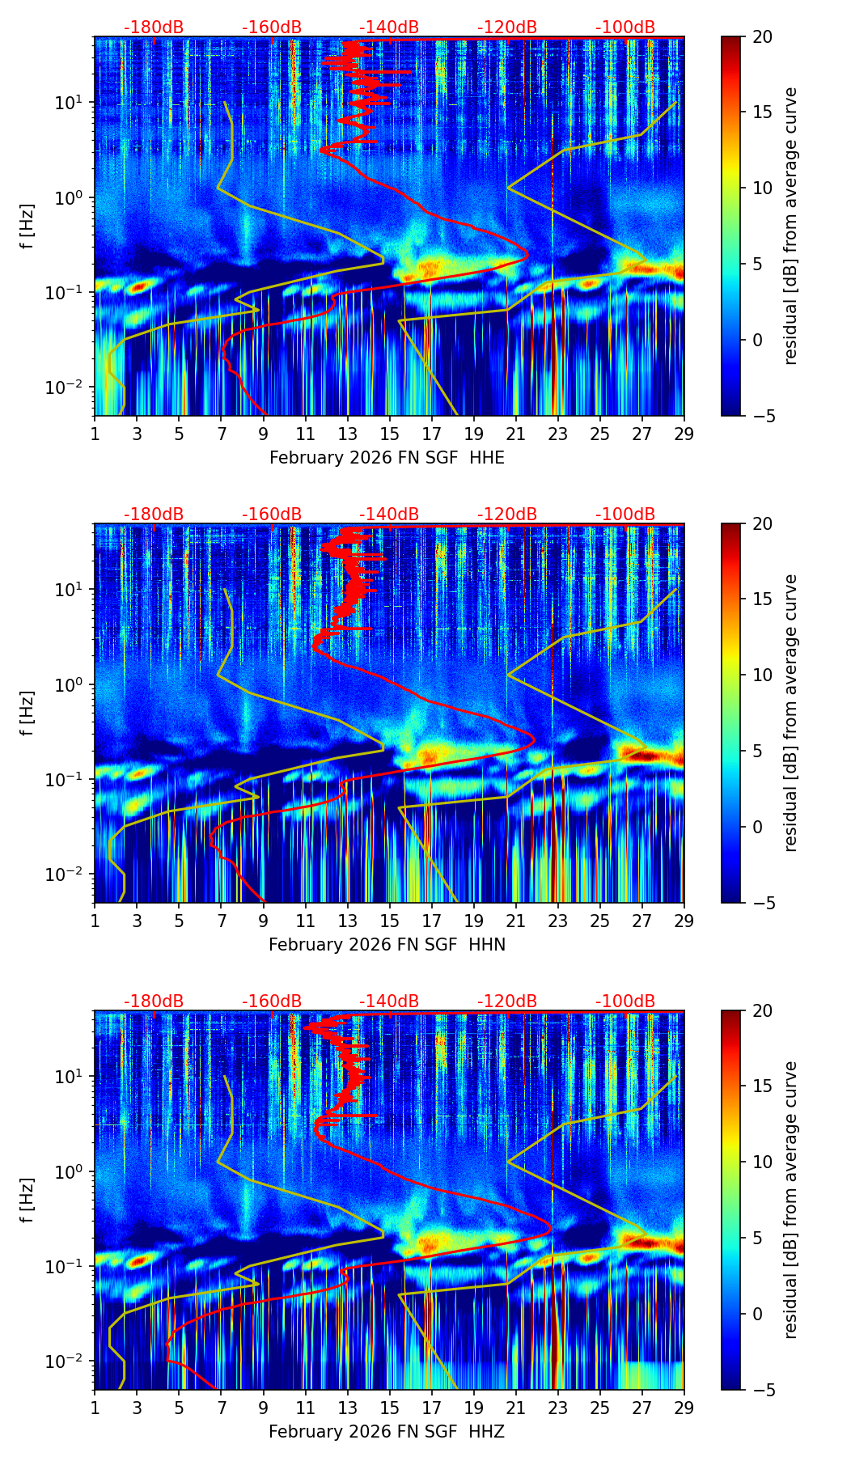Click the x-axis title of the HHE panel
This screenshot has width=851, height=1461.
pos(387,458)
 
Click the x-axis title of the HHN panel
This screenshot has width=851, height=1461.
pos(387,945)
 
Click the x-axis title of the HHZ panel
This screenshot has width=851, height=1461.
pos(387,1432)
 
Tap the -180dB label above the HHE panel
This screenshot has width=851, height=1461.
pos(154,28)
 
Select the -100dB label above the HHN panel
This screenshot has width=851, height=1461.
pos(625,515)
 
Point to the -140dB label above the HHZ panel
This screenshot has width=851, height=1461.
pos(389,1002)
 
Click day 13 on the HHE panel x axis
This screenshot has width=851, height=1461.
pos(347,433)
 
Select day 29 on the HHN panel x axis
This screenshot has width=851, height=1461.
pos(684,920)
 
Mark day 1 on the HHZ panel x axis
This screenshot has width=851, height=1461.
pos(95,1407)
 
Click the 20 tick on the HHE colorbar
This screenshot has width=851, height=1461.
pos(762,36)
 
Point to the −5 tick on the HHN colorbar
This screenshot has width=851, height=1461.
pos(762,903)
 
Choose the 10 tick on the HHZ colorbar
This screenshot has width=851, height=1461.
pos(762,1162)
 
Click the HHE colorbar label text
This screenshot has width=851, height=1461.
pos(790,226)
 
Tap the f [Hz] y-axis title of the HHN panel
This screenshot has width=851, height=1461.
pos(28,713)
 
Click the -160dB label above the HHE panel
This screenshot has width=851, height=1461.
pos(272,28)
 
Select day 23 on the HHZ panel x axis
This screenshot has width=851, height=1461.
pos(557,1407)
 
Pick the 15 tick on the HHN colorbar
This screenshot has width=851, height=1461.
pos(762,599)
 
